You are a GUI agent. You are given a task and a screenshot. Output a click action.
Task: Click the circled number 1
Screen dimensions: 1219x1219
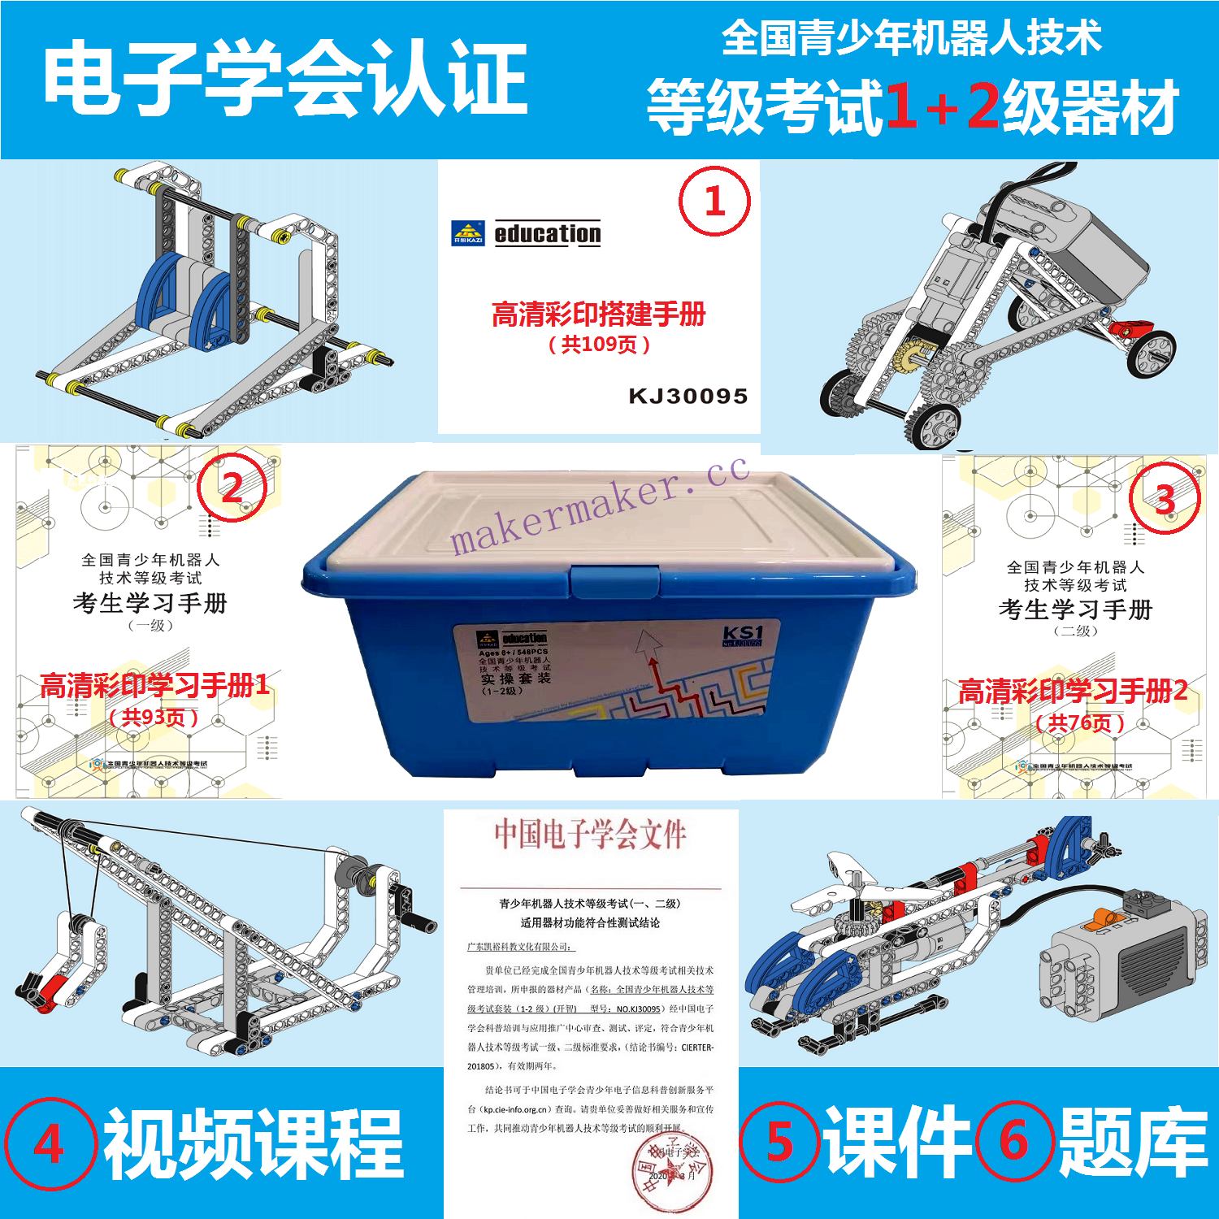point(714,202)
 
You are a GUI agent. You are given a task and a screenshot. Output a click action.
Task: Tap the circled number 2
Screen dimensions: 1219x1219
point(232,488)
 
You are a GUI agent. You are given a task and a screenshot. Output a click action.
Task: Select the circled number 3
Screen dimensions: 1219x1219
point(1165,498)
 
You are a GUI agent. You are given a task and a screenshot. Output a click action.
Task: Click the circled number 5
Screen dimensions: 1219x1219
point(779,1142)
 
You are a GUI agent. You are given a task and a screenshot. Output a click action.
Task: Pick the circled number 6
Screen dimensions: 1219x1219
point(1014,1141)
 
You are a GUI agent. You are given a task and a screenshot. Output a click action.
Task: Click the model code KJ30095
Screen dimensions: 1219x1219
point(688,397)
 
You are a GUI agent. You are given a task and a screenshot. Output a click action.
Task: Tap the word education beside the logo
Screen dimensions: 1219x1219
point(548,234)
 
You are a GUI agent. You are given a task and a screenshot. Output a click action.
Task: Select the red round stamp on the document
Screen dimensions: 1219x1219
point(672,1170)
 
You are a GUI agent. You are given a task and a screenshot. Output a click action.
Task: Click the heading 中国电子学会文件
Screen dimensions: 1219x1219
point(591,835)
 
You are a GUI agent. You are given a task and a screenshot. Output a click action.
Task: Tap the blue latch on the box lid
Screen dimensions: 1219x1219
point(614,583)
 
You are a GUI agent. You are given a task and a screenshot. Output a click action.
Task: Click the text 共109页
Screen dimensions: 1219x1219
point(599,345)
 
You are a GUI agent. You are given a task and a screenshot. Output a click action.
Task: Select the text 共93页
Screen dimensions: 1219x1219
point(154,718)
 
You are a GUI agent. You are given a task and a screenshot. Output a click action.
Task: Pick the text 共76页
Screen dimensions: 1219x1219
point(1079,722)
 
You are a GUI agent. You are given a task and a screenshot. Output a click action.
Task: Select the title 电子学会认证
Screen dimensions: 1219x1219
point(285,80)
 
